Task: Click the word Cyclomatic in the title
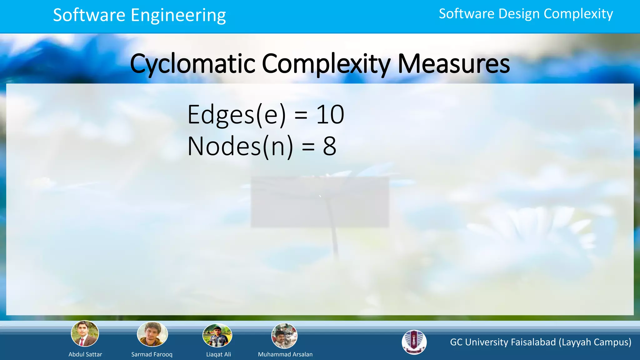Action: click(192, 64)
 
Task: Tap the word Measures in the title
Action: click(453, 64)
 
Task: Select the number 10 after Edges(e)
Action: click(330, 115)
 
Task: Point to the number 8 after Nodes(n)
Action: click(329, 146)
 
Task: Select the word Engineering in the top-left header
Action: click(178, 15)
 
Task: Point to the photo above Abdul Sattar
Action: click(85, 334)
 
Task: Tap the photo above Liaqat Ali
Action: click(217, 336)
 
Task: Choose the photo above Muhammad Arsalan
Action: click(284, 336)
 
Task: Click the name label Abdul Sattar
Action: click(85, 354)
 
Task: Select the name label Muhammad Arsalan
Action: click(285, 354)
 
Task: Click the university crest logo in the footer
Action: click(414, 342)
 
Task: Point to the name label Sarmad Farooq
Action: click(152, 354)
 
